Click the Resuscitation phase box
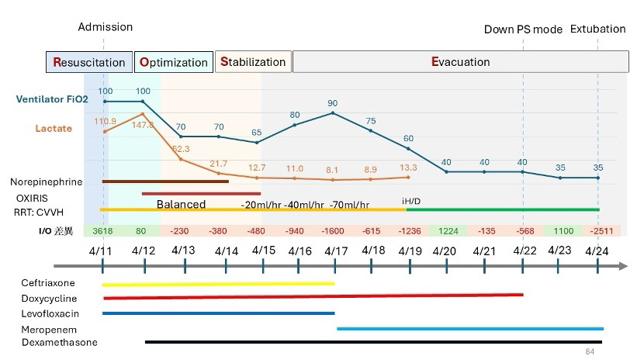coord(89,62)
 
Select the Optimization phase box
coord(173,62)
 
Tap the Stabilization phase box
coord(252,61)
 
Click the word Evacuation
coord(461,61)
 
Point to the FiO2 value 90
coord(333,103)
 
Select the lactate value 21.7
coord(219,163)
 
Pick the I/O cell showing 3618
coord(103,230)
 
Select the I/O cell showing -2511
coord(597,230)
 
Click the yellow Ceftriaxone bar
coord(218,285)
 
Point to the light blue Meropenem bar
coord(469,329)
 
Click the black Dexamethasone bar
coord(373,342)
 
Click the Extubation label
coord(597,29)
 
